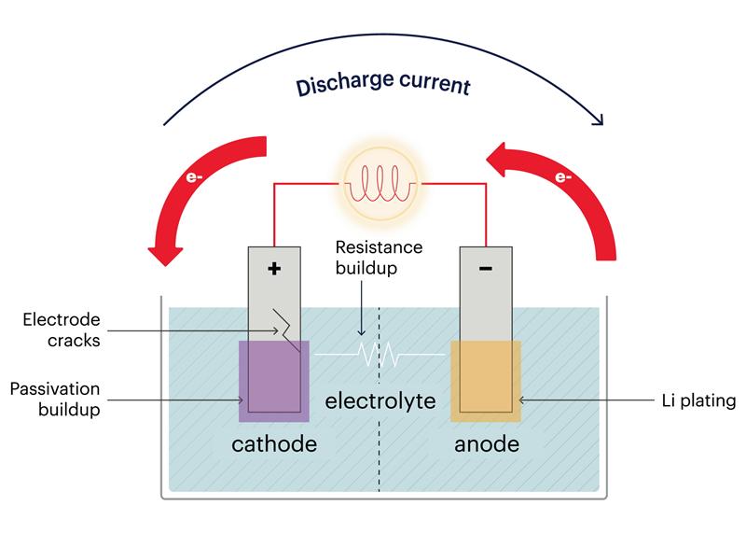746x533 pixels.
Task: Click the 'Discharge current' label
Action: [x=383, y=86]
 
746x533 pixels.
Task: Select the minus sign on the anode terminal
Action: [x=485, y=269]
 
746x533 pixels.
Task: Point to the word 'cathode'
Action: [x=274, y=443]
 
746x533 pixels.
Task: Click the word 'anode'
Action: [x=486, y=443]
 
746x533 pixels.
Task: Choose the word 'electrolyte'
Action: [x=380, y=402]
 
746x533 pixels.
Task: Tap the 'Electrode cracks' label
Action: [x=62, y=330]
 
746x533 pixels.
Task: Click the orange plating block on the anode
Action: [x=486, y=381]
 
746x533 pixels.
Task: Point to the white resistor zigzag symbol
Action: [x=380, y=355]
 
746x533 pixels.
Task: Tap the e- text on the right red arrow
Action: [x=564, y=175]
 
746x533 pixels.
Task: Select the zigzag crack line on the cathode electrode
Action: [x=283, y=327]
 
